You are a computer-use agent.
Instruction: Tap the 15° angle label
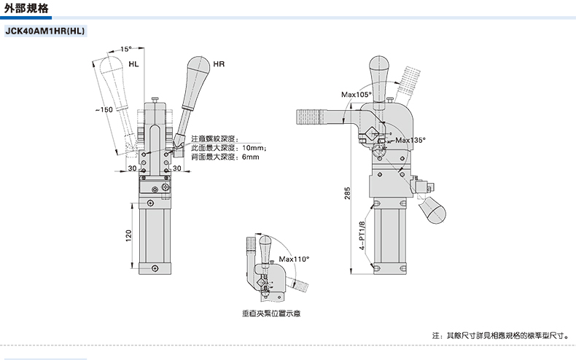point(125,49)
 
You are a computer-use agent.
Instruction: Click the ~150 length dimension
point(104,109)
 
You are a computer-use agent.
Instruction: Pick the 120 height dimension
point(129,237)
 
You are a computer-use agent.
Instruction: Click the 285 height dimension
point(348,192)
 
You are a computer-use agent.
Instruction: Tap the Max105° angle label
point(357,95)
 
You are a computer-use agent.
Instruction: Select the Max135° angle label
point(409,139)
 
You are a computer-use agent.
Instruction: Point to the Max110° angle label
point(295,259)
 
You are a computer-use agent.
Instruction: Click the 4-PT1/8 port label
point(362,236)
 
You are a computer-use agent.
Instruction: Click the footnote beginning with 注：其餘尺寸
point(499,337)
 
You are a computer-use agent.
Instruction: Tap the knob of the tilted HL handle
point(112,70)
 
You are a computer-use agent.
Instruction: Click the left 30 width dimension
point(133,168)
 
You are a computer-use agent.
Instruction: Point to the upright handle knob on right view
point(380,67)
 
